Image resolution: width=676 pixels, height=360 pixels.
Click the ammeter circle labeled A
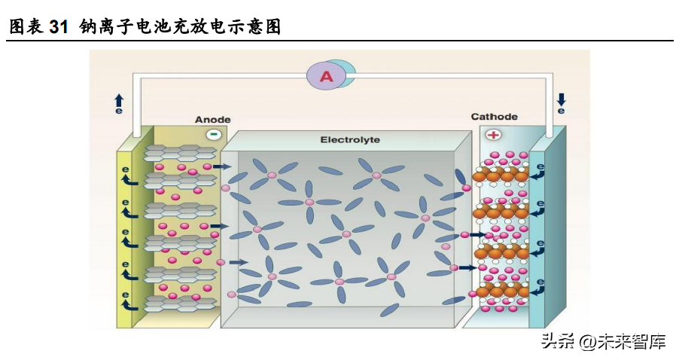[326, 75]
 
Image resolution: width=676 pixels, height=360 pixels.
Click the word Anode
[212, 120]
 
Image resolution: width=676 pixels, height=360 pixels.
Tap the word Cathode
[494, 117]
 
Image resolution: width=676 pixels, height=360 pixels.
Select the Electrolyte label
[350, 139]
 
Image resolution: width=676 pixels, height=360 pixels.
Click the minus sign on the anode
[214, 135]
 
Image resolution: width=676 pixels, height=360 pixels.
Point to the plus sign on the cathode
[493, 135]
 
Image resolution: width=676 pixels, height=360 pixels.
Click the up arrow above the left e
[119, 99]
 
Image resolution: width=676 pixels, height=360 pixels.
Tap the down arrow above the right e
[561, 99]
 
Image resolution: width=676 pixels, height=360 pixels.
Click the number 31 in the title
[59, 28]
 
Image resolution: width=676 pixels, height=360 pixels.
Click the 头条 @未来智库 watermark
[603, 342]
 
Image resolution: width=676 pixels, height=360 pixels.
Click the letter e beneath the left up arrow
[119, 111]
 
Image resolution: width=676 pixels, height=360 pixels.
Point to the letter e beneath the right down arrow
[561, 111]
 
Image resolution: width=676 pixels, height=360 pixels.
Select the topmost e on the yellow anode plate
[126, 170]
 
